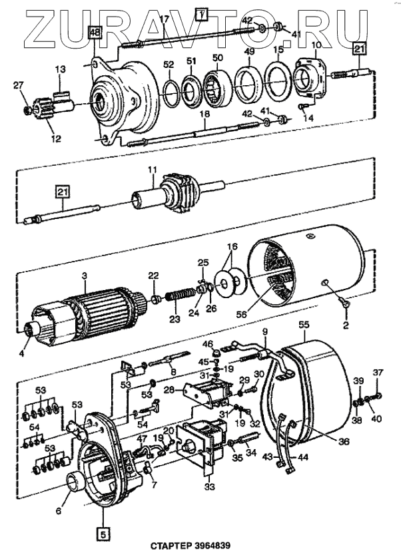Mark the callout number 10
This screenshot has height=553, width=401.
pos(316,45)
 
